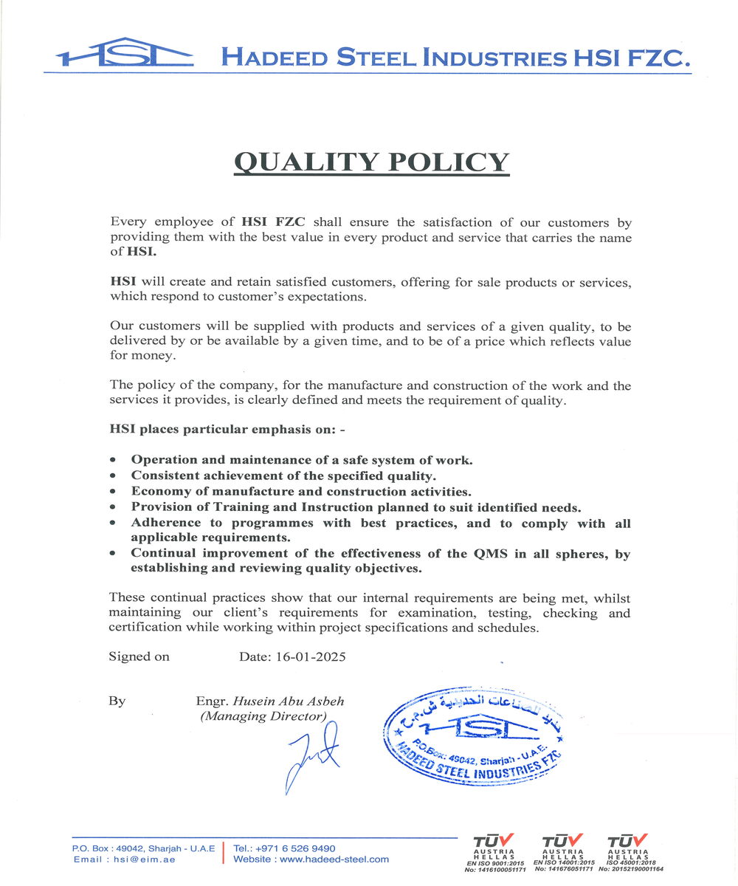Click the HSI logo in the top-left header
click(x=125, y=53)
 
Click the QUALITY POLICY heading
click(x=371, y=162)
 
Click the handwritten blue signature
click(x=310, y=756)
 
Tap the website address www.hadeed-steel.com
click(x=334, y=859)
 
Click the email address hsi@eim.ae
click(x=142, y=859)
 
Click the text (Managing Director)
click(x=263, y=716)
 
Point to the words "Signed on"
click(x=139, y=656)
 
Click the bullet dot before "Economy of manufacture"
click(x=112, y=492)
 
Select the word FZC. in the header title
click(x=658, y=58)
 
